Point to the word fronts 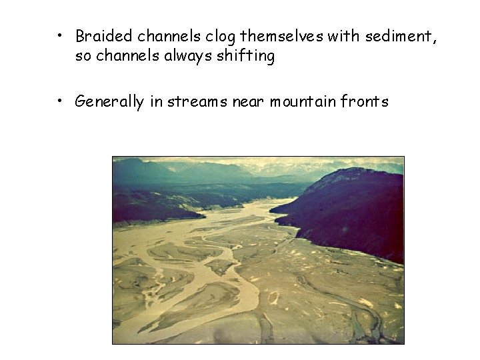point(364,102)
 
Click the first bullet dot point(60,35)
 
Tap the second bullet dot point(60,101)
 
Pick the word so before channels point(83,57)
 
